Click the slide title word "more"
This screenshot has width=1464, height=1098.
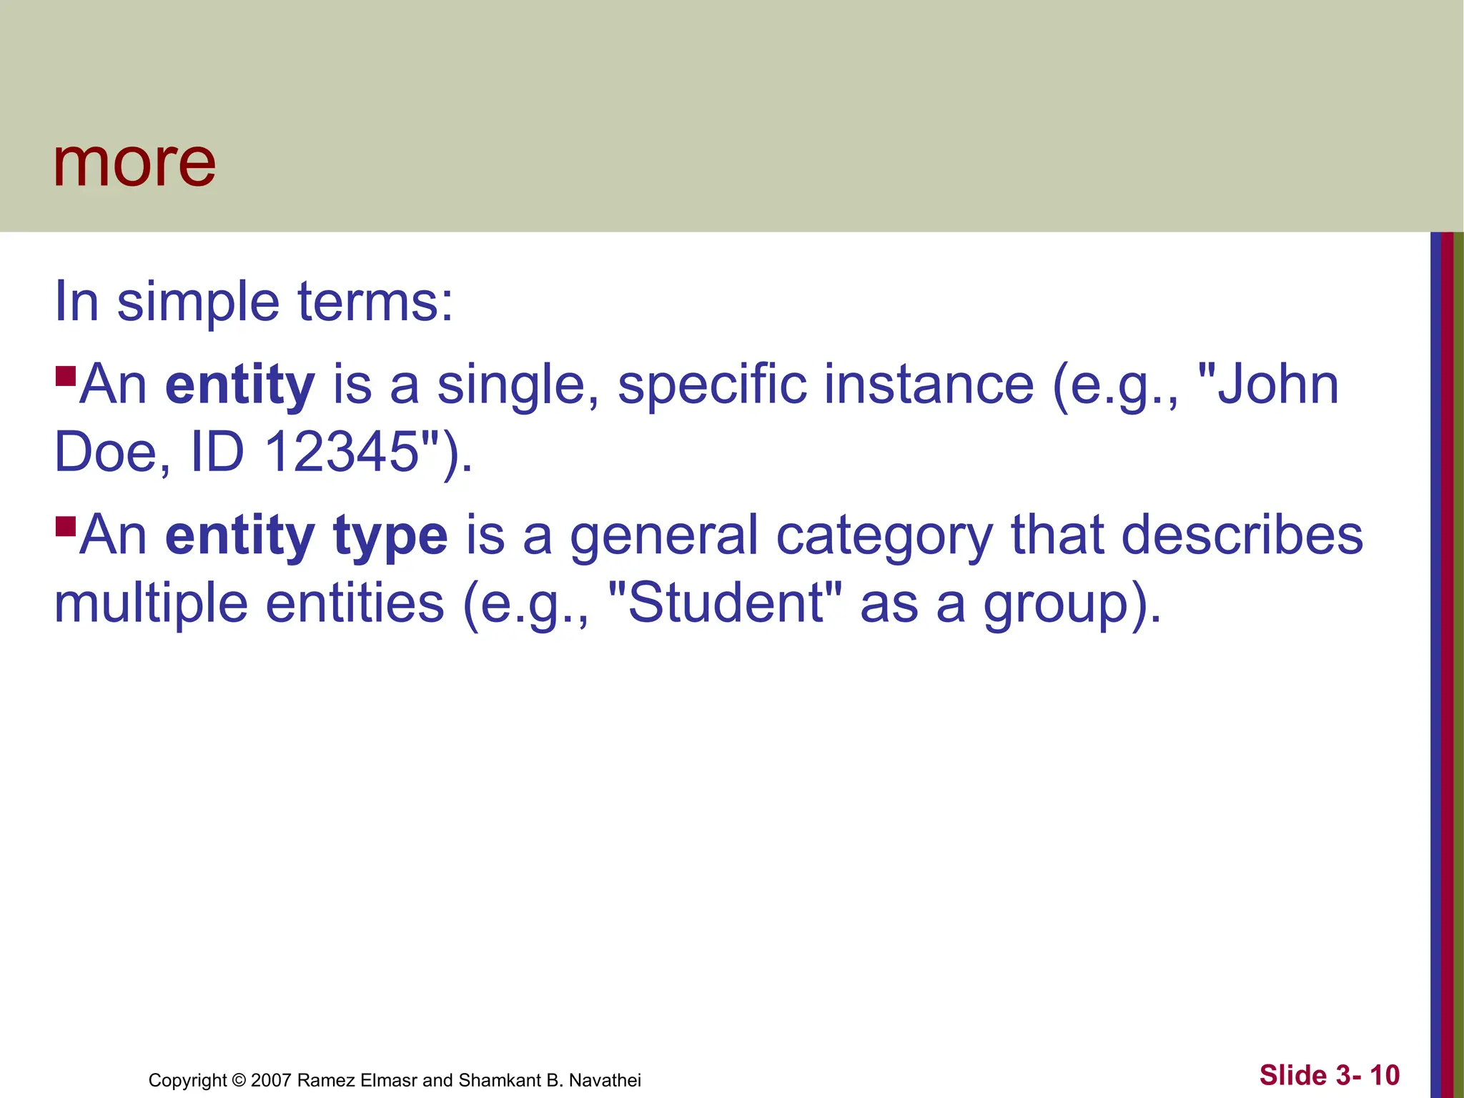pos(134,164)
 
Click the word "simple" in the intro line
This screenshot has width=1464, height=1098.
pos(198,303)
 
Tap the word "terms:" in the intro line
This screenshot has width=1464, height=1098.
pos(375,303)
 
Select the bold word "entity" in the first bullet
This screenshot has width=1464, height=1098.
pos(239,385)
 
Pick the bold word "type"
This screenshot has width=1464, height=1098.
pos(390,536)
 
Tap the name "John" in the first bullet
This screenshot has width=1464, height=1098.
pos(1276,385)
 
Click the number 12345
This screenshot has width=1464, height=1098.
pos(342,452)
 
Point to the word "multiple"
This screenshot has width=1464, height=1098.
pos(151,604)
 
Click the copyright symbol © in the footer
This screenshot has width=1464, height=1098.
pos(239,1080)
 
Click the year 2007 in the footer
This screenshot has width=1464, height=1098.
pos(271,1080)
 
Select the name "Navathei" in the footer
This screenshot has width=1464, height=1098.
pos(605,1080)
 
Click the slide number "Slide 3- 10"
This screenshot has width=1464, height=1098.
pos(1329,1075)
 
